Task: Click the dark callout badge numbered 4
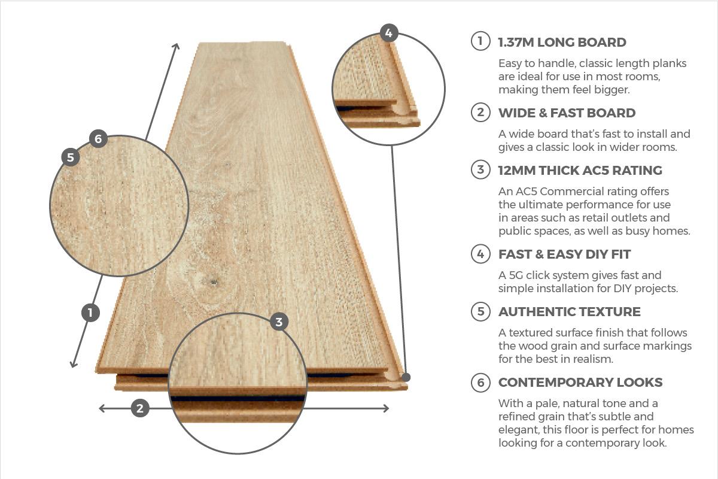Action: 389,33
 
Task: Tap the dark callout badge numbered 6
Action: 98,138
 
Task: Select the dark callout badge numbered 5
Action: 71,157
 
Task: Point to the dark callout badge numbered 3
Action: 279,322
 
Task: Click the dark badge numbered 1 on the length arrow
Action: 90,313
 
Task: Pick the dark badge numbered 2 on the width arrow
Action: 140,408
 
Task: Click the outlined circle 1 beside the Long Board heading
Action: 480,41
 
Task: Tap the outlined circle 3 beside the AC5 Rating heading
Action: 480,169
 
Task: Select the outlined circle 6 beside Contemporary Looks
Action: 480,382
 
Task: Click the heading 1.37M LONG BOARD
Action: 562,43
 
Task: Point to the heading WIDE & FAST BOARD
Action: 567,113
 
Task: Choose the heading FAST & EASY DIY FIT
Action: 564,254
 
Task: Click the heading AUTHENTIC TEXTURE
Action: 569,311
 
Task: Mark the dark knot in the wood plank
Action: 213,283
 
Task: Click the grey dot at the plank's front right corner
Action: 406,377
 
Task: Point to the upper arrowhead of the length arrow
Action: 177,46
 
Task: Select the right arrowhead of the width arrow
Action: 386,408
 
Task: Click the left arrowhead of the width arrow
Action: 102,408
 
